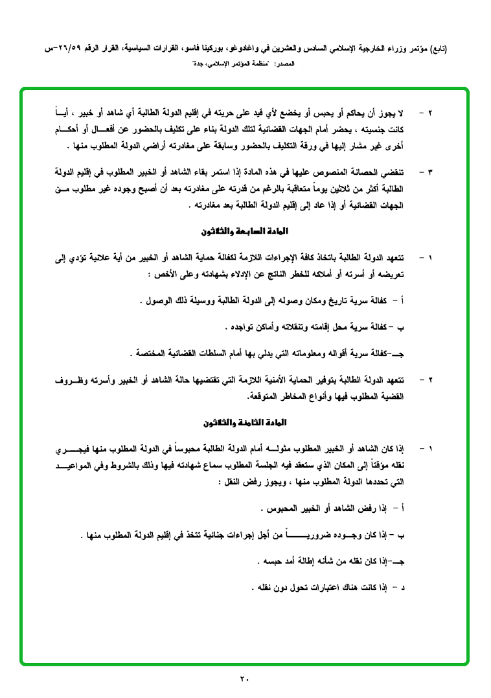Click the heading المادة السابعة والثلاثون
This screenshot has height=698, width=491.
pyautogui.click(x=244, y=231)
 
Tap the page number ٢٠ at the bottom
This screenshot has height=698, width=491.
pyautogui.click(x=244, y=679)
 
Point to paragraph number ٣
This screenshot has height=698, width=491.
pyautogui.click(x=429, y=172)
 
